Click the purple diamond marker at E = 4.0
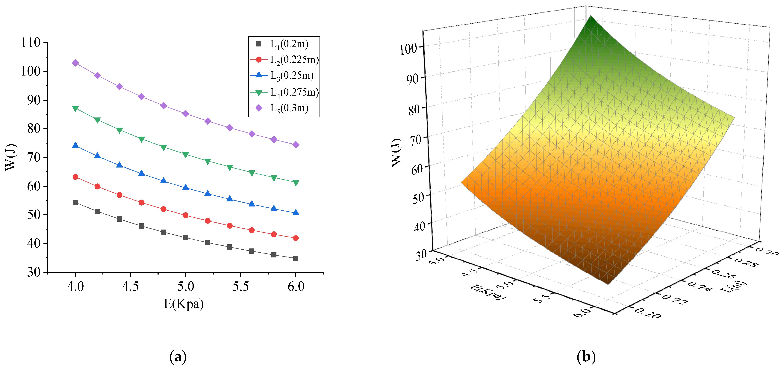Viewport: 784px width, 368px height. (x=75, y=63)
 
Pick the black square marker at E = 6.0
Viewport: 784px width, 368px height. (x=296, y=258)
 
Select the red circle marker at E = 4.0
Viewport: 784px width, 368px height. (x=75, y=177)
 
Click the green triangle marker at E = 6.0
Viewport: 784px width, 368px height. (x=296, y=183)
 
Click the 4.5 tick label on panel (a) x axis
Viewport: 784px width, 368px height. (x=131, y=286)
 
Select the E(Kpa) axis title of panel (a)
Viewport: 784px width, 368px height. (x=184, y=304)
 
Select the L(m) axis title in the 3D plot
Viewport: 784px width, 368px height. (x=733, y=287)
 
